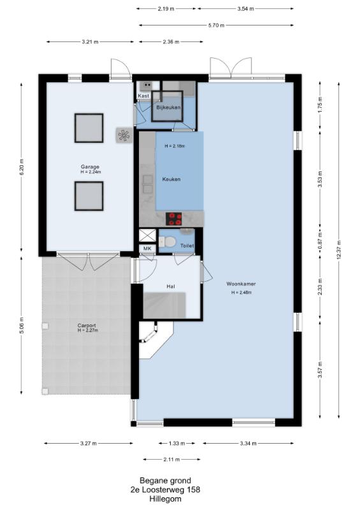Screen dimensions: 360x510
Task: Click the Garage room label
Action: click(x=90, y=167)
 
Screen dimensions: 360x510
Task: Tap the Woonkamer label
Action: click(x=241, y=284)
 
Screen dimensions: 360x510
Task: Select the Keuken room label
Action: click(x=171, y=179)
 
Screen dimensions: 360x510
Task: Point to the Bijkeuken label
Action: click(x=168, y=107)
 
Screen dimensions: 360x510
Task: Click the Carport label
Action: click(x=87, y=325)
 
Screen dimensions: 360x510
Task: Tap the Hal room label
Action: click(x=170, y=286)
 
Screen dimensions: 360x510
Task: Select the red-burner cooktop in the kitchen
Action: click(x=174, y=219)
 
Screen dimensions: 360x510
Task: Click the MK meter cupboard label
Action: click(x=147, y=249)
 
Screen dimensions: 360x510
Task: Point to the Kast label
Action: click(x=143, y=96)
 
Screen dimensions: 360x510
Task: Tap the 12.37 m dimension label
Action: click(x=339, y=250)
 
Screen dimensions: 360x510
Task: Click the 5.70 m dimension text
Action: click(x=216, y=25)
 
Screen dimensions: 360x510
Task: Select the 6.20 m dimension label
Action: click(x=22, y=168)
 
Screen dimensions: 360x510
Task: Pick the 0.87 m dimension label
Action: click(x=320, y=240)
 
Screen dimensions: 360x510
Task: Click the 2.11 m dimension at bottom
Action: click(x=171, y=460)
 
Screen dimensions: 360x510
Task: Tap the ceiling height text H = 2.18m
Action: click(x=175, y=147)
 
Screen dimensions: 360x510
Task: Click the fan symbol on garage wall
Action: click(x=124, y=135)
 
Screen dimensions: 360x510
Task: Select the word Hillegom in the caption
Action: click(x=166, y=499)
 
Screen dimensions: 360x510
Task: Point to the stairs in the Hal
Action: click(x=164, y=305)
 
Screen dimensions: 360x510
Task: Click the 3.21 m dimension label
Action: click(x=90, y=42)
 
